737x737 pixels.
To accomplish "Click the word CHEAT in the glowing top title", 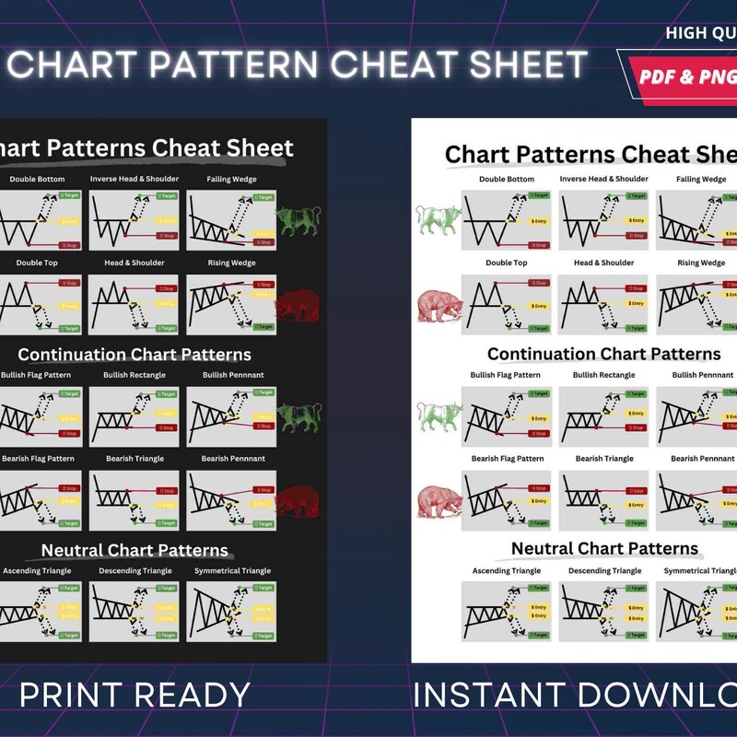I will (x=383, y=64).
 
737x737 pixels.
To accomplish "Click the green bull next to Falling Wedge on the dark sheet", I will (x=299, y=221).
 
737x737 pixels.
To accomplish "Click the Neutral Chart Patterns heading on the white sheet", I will (x=604, y=549).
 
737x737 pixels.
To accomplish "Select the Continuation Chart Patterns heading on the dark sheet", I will (x=135, y=355).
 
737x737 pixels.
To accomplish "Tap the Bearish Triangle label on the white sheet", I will (x=604, y=459).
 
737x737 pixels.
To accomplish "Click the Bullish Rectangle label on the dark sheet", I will (x=135, y=375).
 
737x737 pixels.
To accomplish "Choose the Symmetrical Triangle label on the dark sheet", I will (x=232, y=571).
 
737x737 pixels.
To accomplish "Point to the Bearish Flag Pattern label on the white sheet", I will (x=507, y=459).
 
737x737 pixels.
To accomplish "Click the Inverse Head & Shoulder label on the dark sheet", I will (x=135, y=179).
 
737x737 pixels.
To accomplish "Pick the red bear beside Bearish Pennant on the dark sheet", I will (x=298, y=502).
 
